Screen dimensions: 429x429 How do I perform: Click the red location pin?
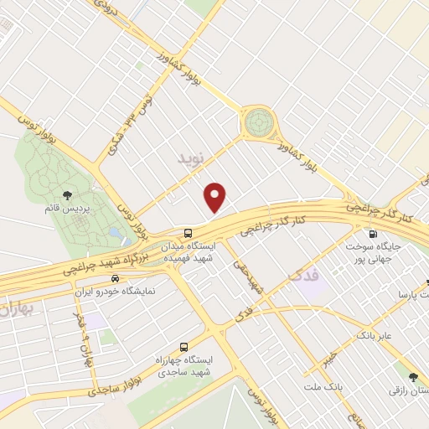coord(216,196)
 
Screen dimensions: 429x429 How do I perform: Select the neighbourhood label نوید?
coord(191,157)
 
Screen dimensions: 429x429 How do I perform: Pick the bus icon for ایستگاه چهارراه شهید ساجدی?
coord(183,346)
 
